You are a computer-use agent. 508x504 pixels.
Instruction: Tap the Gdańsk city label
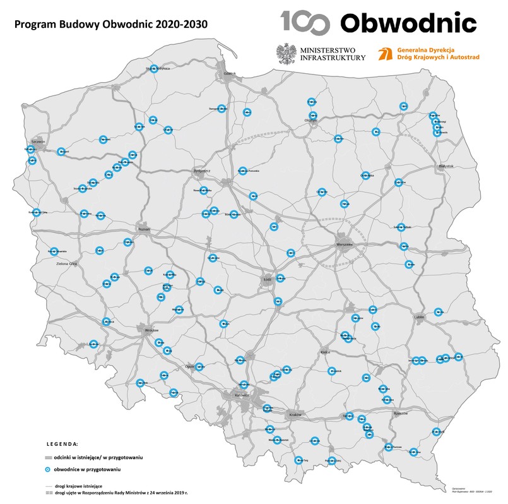coord(228,73)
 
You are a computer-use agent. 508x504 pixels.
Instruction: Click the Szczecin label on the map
coord(40,142)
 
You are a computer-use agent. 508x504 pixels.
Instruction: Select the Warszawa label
coord(343,244)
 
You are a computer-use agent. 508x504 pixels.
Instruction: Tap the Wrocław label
coord(152,330)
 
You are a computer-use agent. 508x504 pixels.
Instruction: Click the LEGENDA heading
coord(62,444)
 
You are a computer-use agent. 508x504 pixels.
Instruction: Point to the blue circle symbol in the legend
coord(47,469)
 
